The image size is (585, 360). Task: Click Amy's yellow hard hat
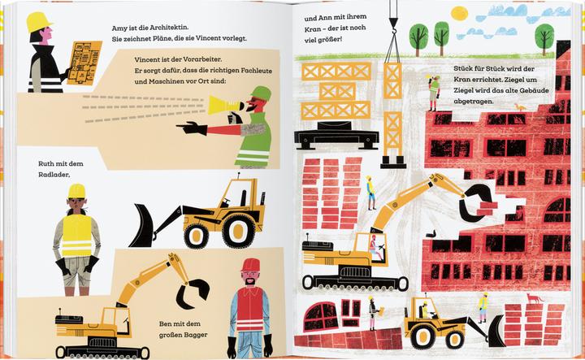coord(38,22)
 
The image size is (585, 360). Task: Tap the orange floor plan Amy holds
coord(84,63)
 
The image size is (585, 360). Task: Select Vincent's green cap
coord(261,93)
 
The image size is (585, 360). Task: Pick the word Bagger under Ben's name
coord(195,335)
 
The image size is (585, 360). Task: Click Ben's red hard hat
coord(251,265)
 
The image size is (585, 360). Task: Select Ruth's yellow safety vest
coord(77,235)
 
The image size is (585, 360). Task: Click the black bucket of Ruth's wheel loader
coord(141,226)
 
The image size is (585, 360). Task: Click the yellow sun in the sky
coord(459,14)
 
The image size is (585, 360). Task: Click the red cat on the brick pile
coord(534,298)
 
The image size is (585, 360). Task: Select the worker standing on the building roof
coord(434,93)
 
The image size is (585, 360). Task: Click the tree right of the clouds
coord(544,39)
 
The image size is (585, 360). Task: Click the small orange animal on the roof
coord(519,107)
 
